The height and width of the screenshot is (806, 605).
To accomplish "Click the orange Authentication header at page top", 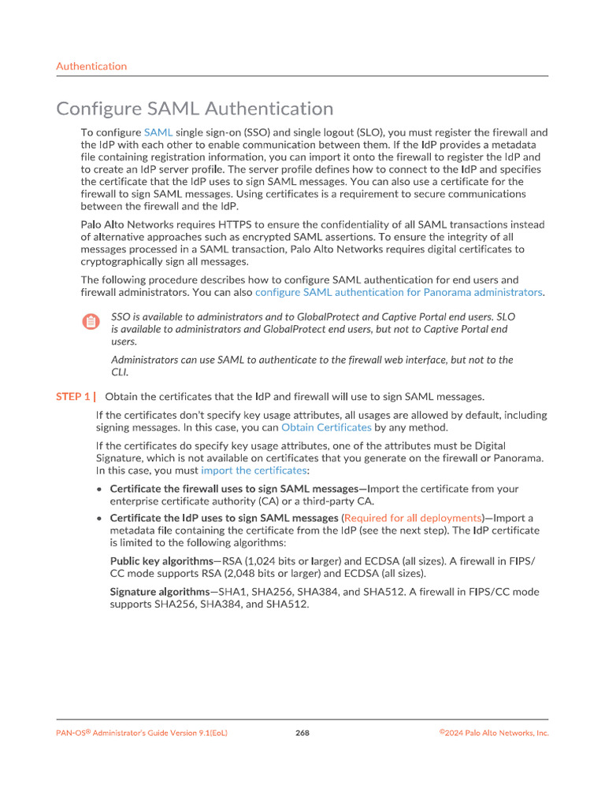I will click(x=91, y=66).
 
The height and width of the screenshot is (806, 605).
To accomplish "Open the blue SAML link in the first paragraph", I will click(x=158, y=132).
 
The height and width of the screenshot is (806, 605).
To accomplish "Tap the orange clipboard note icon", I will click(x=91, y=321).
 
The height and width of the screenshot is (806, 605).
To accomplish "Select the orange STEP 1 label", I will click(x=76, y=397).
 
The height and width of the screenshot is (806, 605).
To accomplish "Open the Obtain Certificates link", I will click(x=326, y=427).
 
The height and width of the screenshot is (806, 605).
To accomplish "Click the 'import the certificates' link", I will click(x=254, y=470).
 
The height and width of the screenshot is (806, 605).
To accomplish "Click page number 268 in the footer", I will click(x=302, y=733).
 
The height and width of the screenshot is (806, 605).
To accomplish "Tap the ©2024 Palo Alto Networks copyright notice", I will click(x=494, y=733).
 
